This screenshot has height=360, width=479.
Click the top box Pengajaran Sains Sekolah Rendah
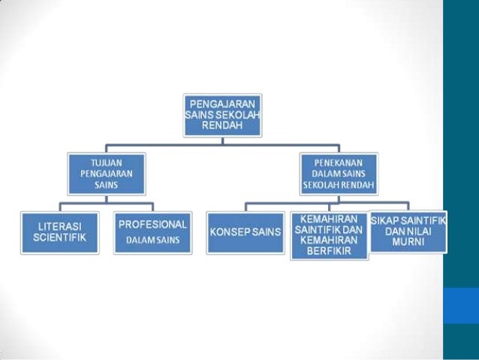pyautogui.click(x=223, y=115)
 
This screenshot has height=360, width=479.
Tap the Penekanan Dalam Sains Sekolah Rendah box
pyautogui.click(x=339, y=174)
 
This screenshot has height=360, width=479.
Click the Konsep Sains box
pyautogui.click(x=245, y=232)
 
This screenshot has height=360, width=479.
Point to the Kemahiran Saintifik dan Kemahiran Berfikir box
pyautogui.click(x=329, y=235)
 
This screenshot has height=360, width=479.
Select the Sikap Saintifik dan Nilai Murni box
pyautogui.click(x=408, y=231)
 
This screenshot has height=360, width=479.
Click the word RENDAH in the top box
pyautogui.click(x=222, y=126)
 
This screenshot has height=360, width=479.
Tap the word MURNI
pyautogui.click(x=408, y=243)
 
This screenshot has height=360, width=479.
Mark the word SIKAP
pyautogui.click(x=388, y=219)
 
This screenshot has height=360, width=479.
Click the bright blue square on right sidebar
pyautogui.click(x=461, y=306)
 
